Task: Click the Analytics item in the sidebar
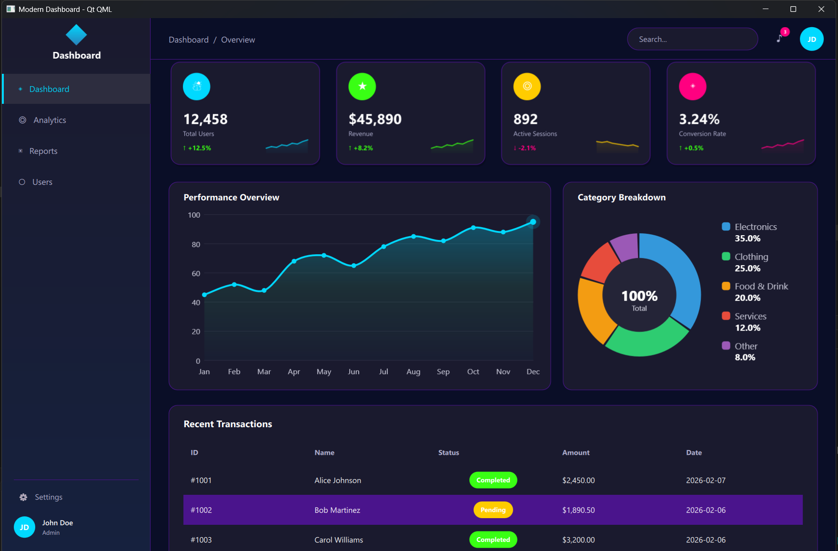pos(50,120)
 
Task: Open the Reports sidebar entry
pos(43,151)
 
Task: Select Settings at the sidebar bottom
pos(48,497)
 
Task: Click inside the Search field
pos(692,40)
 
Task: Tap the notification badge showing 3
pos(785,32)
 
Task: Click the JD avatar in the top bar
pos(811,40)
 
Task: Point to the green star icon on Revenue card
pos(362,86)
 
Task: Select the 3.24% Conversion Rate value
pos(699,119)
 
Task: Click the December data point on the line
pos(533,222)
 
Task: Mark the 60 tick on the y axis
pos(196,274)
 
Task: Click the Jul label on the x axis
pos(384,371)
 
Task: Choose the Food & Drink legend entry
pos(761,287)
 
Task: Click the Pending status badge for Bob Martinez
pos(493,510)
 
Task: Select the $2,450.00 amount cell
pos(578,481)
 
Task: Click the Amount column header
pos(575,453)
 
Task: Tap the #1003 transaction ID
pos(201,540)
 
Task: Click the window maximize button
pos(793,9)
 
